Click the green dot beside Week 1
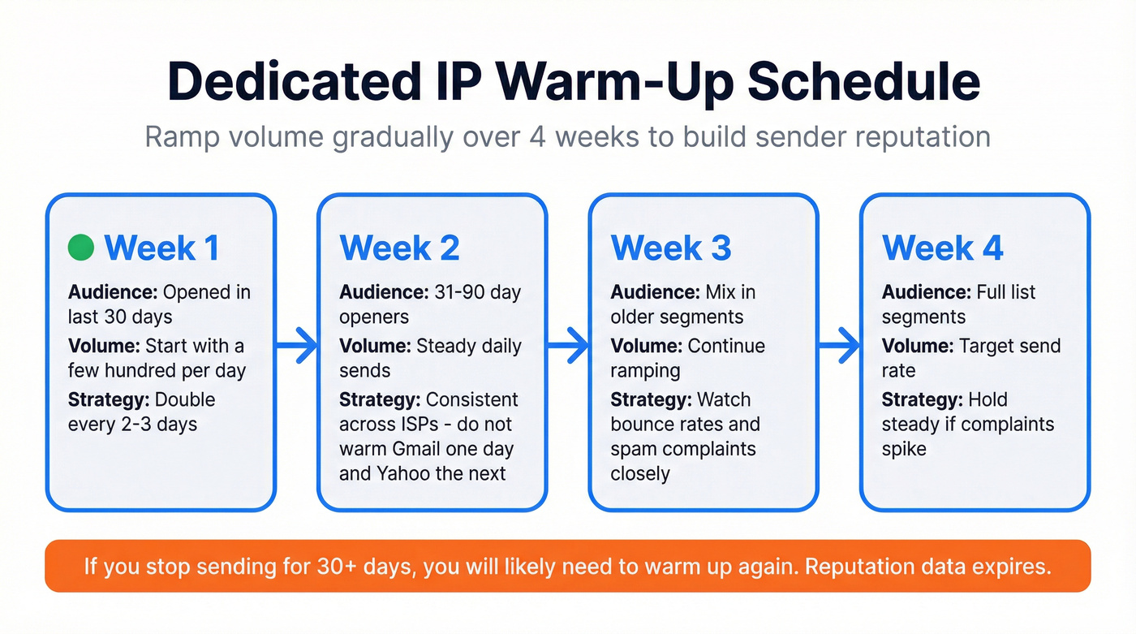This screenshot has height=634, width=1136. pyautogui.click(x=81, y=247)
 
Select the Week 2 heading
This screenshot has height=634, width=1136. pyautogui.click(x=399, y=248)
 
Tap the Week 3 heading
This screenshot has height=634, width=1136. pyautogui.click(x=670, y=248)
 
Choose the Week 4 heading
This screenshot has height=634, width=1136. pyautogui.click(x=942, y=248)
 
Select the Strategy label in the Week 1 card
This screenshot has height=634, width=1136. pyautogui.click(x=109, y=400)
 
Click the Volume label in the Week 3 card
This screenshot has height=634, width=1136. pyautogui.click(x=646, y=346)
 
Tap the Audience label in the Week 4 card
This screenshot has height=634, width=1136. pyautogui.click(x=925, y=292)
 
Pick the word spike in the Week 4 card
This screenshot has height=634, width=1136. pyautogui.click(x=904, y=449)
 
